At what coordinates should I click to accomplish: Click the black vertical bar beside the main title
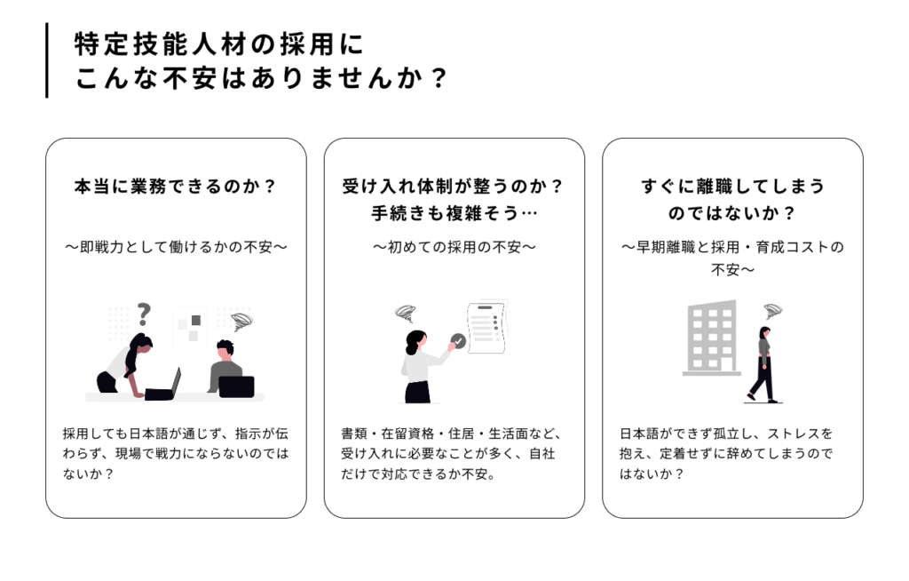(47, 60)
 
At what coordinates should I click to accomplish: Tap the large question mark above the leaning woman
(143, 314)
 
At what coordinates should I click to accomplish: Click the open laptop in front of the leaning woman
(163, 386)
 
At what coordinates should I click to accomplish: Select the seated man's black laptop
(236, 386)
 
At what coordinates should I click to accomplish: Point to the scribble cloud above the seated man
(241, 321)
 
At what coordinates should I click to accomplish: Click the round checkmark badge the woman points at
(458, 341)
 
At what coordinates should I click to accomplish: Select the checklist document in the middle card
(487, 327)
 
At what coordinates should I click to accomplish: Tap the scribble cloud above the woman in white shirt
(405, 314)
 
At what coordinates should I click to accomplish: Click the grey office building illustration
(712, 338)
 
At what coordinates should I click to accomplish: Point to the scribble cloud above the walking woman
(773, 311)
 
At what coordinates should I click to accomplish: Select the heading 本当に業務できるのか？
(176, 187)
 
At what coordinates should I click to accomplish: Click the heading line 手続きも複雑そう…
(454, 213)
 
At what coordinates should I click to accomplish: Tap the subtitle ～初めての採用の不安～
(454, 247)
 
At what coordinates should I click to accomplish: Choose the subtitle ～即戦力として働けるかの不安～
(177, 247)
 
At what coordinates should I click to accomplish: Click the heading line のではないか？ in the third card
(732, 213)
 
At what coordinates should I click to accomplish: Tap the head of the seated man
(225, 349)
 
